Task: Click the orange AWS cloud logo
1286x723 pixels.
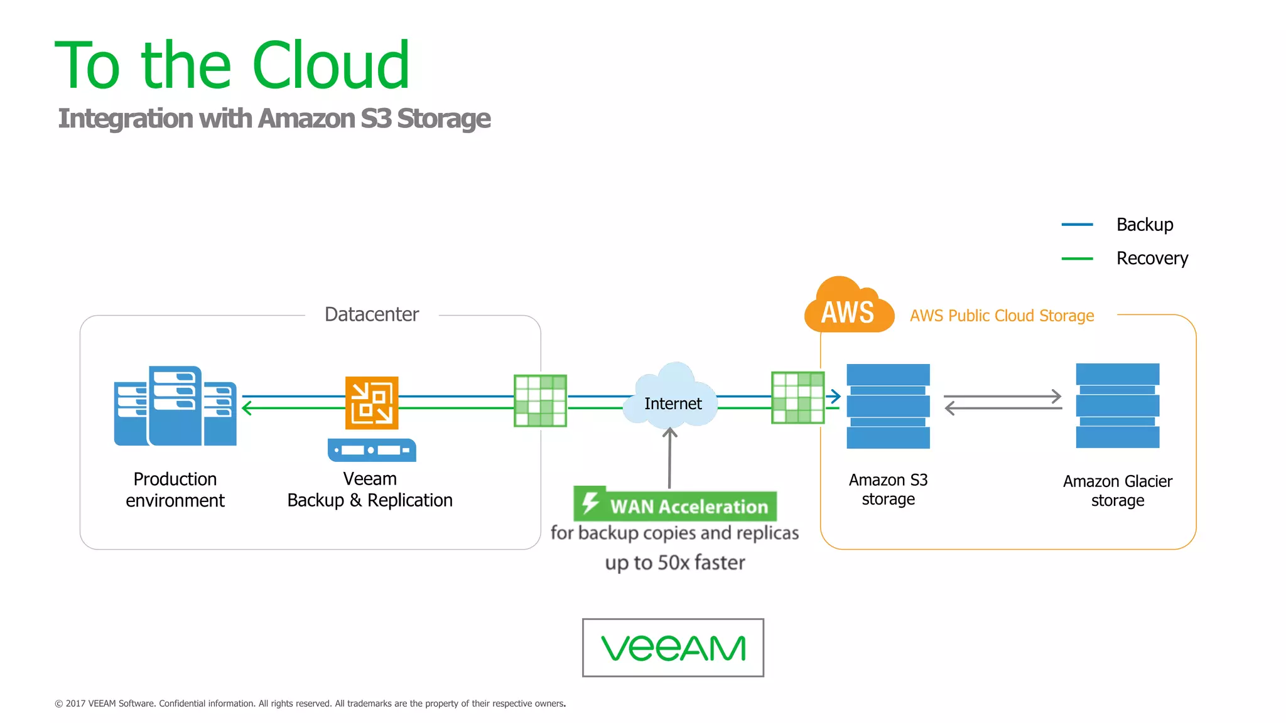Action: pyautogui.click(x=848, y=306)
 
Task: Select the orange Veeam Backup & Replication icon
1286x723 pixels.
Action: pyautogui.click(x=372, y=402)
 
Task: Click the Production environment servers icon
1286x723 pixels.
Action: pyautogui.click(x=175, y=406)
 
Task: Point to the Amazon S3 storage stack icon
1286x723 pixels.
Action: pyautogui.click(x=888, y=406)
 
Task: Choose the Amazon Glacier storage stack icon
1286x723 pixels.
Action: pyautogui.click(x=1117, y=405)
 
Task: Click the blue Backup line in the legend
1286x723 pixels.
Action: pyautogui.click(x=1077, y=224)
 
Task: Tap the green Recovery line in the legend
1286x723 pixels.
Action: pyautogui.click(x=1077, y=258)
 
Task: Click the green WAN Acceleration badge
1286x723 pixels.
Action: pyautogui.click(x=675, y=505)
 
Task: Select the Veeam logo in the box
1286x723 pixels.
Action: pyautogui.click(x=673, y=648)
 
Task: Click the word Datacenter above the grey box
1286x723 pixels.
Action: pyautogui.click(x=371, y=314)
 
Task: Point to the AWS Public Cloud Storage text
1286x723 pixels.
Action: pyautogui.click(x=1002, y=316)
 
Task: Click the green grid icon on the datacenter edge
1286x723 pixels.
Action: pyautogui.click(x=540, y=401)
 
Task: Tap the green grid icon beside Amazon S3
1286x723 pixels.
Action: pyautogui.click(x=797, y=397)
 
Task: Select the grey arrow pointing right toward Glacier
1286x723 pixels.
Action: pyautogui.click(x=1003, y=396)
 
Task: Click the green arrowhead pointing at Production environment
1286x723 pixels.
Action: pyautogui.click(x=247, y=408)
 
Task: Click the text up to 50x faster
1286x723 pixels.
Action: pyautogui.click(x=675, y=562)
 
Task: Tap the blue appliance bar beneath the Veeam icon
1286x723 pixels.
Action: pyautogui.click(x=372, y=450)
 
